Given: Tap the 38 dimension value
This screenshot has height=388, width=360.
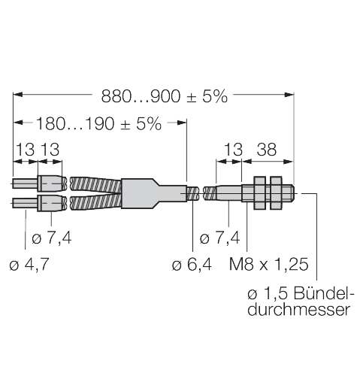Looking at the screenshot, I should (x=266, y=150).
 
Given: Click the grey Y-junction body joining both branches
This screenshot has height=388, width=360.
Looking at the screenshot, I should (x=150, y=192).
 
